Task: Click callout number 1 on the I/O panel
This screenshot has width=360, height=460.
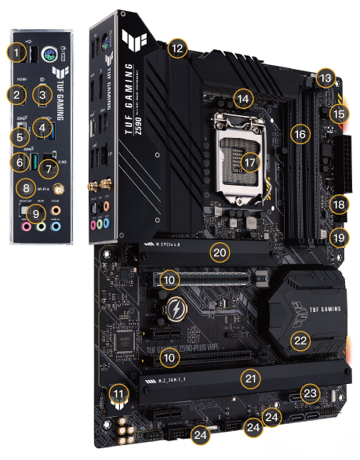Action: pyautogui.click(x=16, y=53)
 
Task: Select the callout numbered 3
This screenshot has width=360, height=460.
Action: pyautogui.click(x=43, y=96)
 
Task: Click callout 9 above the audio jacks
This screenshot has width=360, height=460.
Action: pyautogui.click(x=35, y=212)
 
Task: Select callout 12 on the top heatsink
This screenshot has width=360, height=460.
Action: pyautogui.click(x=178, y=48)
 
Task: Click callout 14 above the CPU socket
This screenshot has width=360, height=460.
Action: pyautogui.click(x=245, y=100)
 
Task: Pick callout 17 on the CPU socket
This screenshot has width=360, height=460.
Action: pyautogui.click(x=249, y=163)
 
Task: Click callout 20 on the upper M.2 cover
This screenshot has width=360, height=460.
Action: pyautogui.click(x=219, y=252)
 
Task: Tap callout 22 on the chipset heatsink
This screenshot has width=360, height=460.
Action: pyautogui.click(x=300, y=340)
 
